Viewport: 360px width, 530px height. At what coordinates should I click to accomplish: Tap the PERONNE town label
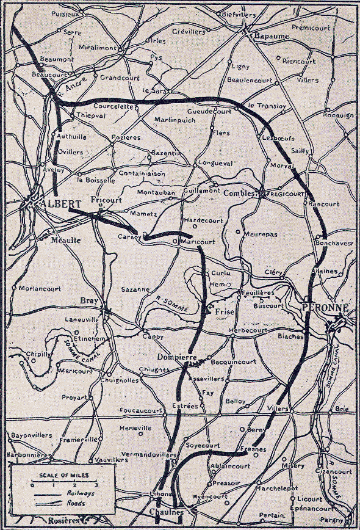[x=323, y=309]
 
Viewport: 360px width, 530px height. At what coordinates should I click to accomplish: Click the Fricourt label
[x=106, y=200]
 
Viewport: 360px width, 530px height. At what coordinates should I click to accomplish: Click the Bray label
[x=89, y=300]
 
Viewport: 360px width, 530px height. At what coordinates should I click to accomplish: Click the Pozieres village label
[x=126, y=137]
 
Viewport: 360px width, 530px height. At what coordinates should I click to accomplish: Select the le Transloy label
[x=267, y=105]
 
